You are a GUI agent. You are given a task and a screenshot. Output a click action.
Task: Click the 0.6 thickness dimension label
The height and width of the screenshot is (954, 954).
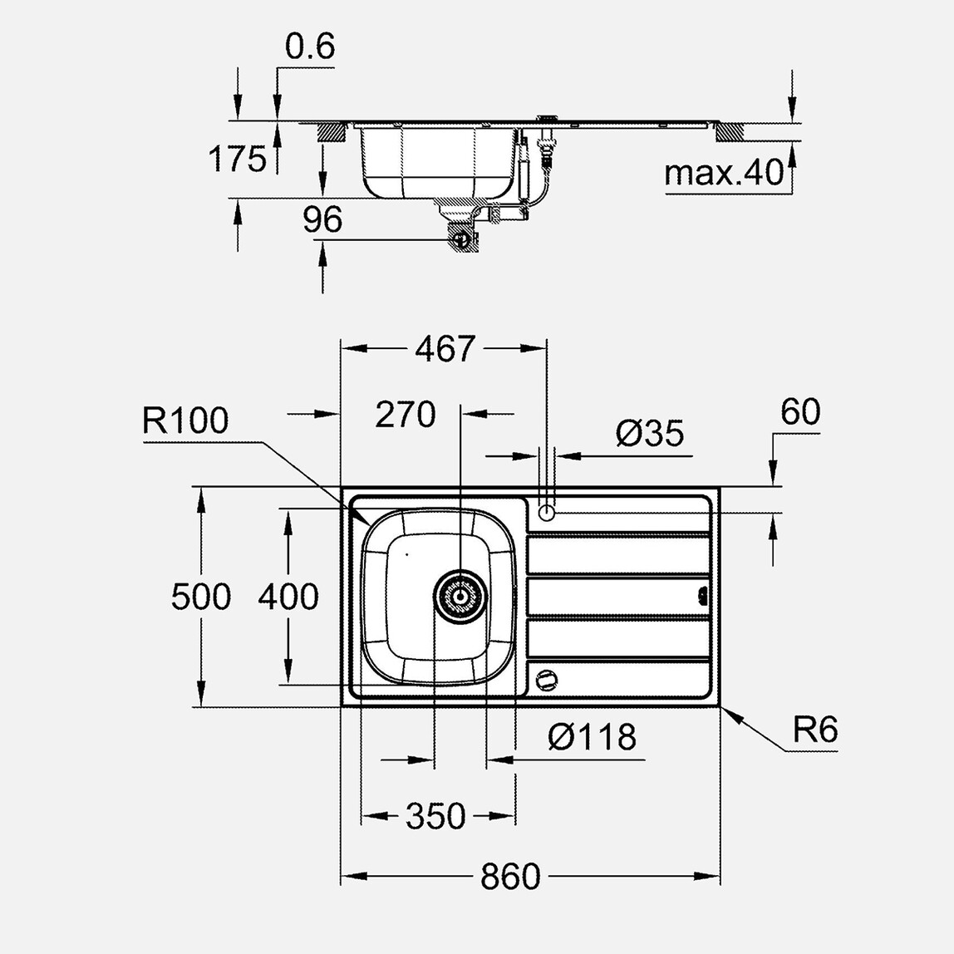click(x=309, y=47)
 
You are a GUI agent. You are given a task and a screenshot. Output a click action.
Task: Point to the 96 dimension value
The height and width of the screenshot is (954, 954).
click(x=322, y=219)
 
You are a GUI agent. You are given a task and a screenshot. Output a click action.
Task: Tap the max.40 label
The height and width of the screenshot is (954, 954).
click(x=724, y=173)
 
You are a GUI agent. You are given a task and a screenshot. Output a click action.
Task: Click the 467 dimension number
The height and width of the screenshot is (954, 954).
click(x=445, y=349)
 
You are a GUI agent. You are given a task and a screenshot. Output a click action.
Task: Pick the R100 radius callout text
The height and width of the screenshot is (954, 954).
click(x=184, y=421)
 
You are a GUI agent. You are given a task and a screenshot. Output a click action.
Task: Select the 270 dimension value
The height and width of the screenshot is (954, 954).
click(x=405, y=414)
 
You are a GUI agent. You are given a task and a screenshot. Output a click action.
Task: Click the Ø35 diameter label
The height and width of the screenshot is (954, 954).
click(x=650, y=433)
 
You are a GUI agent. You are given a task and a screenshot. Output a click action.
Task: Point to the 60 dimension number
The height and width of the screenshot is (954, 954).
click(x=800, y=412)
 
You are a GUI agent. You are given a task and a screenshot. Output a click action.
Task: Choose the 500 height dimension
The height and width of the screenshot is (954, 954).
click(x=200, y=597)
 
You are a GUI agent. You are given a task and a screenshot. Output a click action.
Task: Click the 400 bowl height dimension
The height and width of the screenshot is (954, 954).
click(x=288, y=597)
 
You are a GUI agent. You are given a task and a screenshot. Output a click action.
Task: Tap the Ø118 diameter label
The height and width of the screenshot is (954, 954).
click(x=592, y=736)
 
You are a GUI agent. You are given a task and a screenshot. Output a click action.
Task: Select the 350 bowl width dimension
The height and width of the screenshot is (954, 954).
click(x=436, y=816)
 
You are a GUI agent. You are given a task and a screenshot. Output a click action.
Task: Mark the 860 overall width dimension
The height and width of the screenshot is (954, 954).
click(x=510, y=876)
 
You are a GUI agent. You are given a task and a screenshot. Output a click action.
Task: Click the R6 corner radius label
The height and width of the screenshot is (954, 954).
click(x=814, y=730)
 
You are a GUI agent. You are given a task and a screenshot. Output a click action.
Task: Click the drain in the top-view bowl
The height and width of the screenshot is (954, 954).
click(x=460, y=597)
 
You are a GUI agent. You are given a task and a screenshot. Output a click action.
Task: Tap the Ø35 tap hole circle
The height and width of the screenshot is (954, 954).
click(x=546, y=513)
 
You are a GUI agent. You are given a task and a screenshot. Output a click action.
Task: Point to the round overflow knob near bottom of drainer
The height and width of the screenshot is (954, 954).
click(x=545, y=679)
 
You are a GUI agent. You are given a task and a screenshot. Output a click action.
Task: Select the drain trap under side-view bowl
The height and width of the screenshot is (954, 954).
click(x=460, y=238)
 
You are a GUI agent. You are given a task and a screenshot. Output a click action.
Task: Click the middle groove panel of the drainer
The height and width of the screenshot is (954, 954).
click(x=619, y=597)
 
